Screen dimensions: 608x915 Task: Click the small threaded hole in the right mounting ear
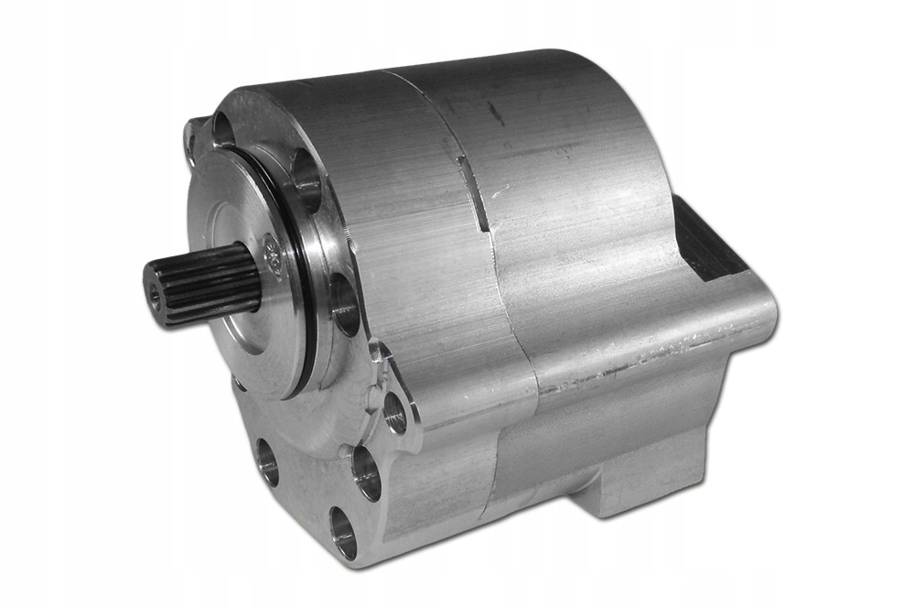[x=395, y=413]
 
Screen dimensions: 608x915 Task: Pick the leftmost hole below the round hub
[x=268, y=462]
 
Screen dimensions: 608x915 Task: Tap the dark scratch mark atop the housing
[x=495, y=114]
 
